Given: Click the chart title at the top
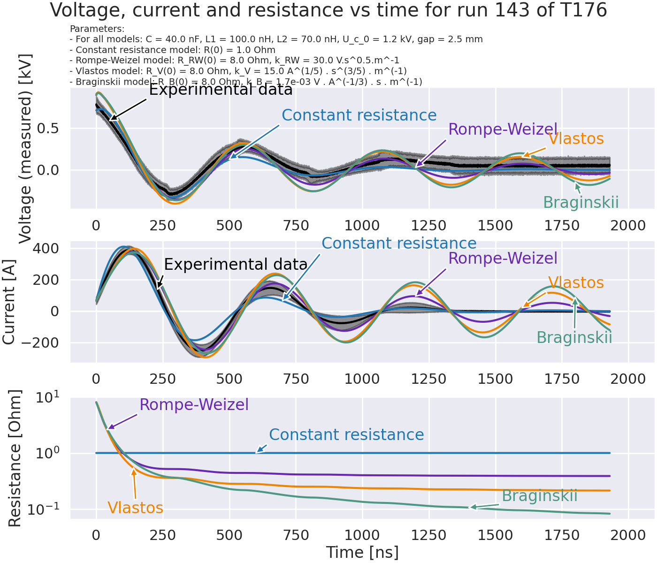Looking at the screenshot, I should tap(328, 10).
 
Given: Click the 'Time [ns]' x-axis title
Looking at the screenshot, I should tap(362, 552).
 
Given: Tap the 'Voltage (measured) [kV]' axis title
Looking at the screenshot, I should tap(24, 149).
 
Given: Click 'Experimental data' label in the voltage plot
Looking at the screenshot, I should tap(221, 90).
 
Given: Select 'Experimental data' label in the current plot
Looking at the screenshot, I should tap(236, 265).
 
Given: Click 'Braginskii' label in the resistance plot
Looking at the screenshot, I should tap(539, 496).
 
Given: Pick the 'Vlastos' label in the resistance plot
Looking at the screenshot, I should tap(135, 508).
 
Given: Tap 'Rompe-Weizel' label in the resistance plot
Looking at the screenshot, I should tap(194, 404).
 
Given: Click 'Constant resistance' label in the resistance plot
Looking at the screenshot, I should tap(346, 435).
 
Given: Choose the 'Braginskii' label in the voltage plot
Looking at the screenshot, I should tap(581, 203).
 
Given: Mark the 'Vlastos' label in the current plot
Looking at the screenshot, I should tap(576, 283).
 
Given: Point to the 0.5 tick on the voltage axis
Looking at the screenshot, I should tap(52, 129).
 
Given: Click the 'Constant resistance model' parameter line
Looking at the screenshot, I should tap(172, 50).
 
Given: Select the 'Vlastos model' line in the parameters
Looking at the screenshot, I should tap(238, 71).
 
